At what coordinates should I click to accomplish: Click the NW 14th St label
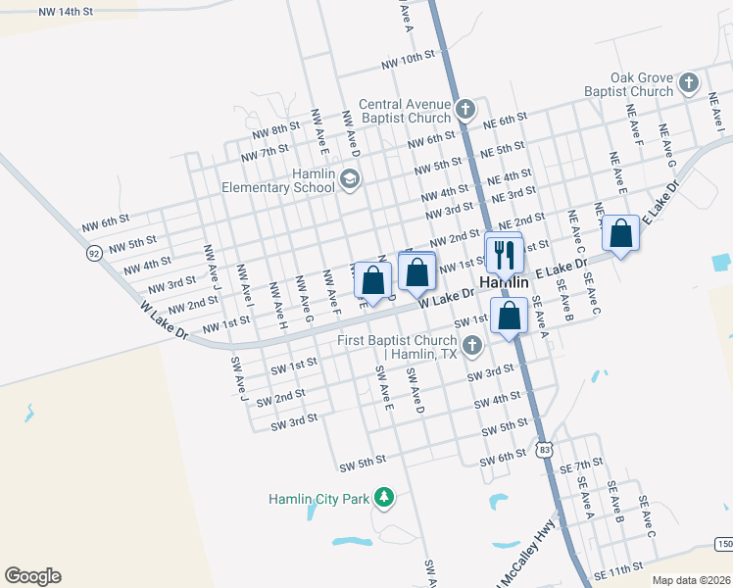click(x=65, y=12)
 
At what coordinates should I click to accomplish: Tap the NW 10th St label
click(x=409, y=59)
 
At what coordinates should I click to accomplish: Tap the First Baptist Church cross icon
click(x=472, y=345)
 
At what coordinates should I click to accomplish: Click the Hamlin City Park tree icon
click(x=386, y=498)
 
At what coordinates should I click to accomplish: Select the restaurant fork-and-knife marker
click(x=505, y=254)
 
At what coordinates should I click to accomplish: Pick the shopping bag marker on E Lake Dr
click(x=620, y=234)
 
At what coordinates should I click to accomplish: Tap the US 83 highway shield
click(x=544, y=449)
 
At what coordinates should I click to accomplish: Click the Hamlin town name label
click(x=505, y=282)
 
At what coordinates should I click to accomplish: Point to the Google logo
click(x=32, y=576)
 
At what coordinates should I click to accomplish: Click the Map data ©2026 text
click(x=690, y=580)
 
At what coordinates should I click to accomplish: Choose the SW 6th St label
click(x=503, y=459)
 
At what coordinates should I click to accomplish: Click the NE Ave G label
click(x=670, y=146)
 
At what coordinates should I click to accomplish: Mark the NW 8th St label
click(x=274, y=130)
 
